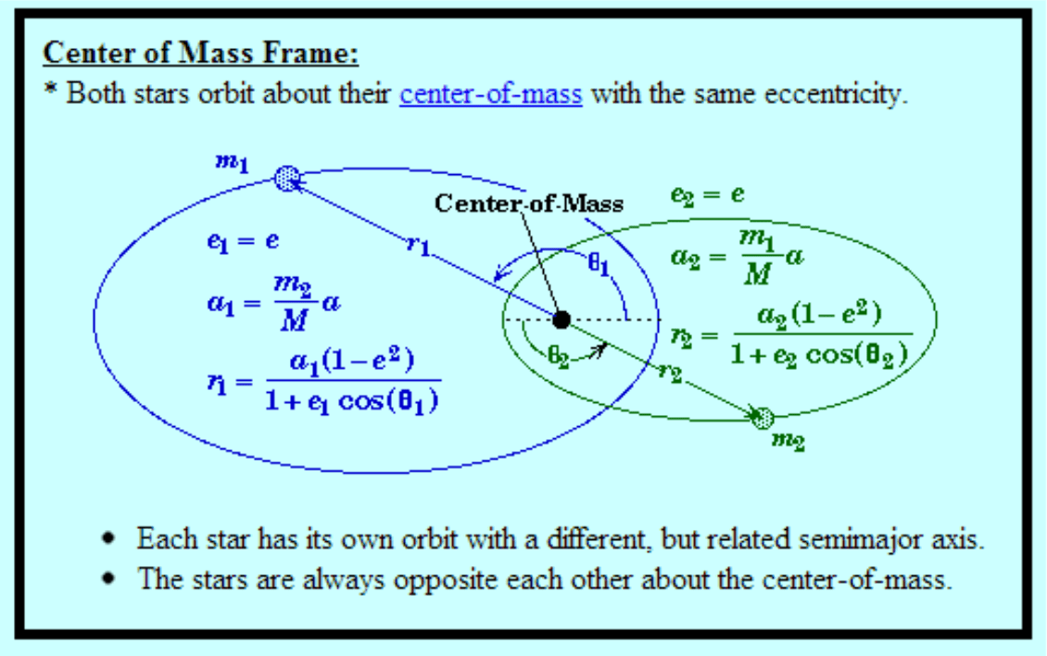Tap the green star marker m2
(x=763, y=417)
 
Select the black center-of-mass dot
(x=561, y=320)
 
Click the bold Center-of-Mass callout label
(x=530, y=203)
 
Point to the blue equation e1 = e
(x=243, y=241)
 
